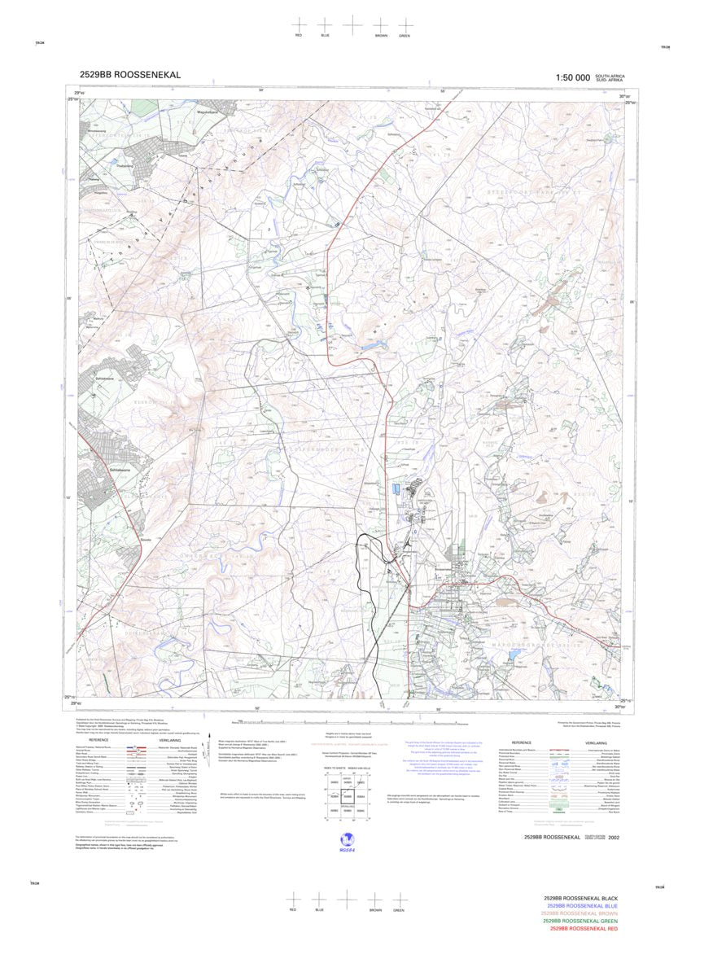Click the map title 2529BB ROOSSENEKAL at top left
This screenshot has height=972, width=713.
(130, 75)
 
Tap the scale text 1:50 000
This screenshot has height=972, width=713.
(572, 77)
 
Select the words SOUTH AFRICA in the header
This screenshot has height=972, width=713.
(610, 74)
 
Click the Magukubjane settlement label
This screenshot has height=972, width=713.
(189, 115)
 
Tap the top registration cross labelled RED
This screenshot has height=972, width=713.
(299, 26)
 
